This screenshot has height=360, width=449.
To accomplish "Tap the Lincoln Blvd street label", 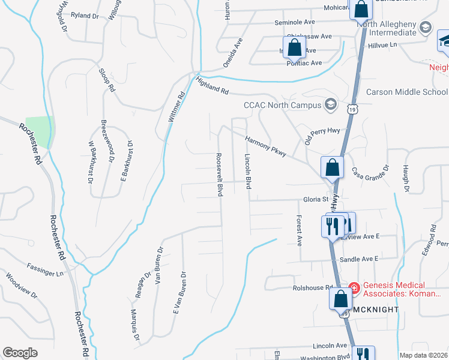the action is tap(247, 171).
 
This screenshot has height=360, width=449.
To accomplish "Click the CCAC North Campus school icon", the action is tap(330, 105).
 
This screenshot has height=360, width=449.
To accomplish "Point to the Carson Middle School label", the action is tap(406, 92).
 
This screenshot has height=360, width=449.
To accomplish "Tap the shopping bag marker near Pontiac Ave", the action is tap(294, 47).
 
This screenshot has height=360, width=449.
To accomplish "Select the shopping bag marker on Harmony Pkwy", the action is tap(332, 168).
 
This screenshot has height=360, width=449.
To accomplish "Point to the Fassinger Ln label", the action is tap(45, 269).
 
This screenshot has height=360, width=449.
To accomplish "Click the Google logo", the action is tap(20, 353).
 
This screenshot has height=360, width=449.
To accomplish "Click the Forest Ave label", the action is tap(298, 231).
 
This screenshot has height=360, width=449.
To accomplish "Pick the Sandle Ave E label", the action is tap(360, 259).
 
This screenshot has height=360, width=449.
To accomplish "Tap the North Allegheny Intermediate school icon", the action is tap(426, 28).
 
